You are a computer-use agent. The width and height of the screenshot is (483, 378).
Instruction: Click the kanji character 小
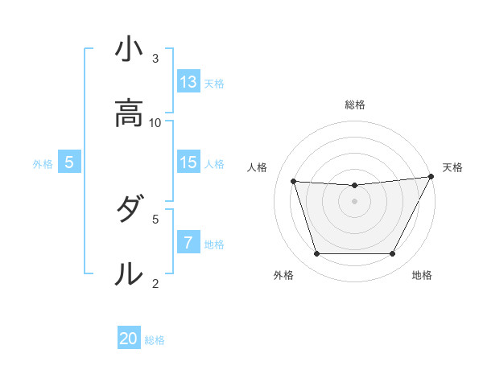pos(129,51)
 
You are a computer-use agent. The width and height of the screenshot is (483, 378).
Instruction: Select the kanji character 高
pos(129,114)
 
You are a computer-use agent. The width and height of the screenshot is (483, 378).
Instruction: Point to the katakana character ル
pos(129,274)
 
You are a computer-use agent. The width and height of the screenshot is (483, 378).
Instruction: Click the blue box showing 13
pos(188,82)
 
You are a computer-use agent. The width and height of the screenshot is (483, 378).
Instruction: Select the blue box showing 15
pos(188,162)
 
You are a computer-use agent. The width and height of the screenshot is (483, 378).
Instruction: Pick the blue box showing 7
pos(188,243)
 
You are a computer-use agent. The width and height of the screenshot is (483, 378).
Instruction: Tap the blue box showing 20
pos(129,339)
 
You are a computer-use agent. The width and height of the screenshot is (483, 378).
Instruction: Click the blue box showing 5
pos(69,162)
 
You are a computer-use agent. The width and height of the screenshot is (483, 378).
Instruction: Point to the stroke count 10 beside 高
pos(155,122)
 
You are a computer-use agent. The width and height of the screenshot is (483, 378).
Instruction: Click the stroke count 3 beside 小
pos(155,59)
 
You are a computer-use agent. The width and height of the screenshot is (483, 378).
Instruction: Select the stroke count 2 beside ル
pos(155,283)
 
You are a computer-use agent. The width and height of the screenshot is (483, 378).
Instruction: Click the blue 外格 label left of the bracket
pos(43,163)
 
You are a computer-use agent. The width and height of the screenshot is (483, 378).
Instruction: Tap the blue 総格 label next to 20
pos(155,339)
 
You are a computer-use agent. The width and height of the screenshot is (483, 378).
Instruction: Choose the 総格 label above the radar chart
pos(354,105)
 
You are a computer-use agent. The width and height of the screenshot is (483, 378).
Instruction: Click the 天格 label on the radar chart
pos(452,167)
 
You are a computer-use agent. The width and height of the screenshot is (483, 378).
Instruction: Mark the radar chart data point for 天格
pos(431,177)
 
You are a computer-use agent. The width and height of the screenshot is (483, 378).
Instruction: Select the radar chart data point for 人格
pos(294,182)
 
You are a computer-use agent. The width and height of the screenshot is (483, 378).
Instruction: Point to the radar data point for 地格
pos(392,254)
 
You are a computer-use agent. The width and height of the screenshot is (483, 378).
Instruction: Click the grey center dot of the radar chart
pos(354,201)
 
